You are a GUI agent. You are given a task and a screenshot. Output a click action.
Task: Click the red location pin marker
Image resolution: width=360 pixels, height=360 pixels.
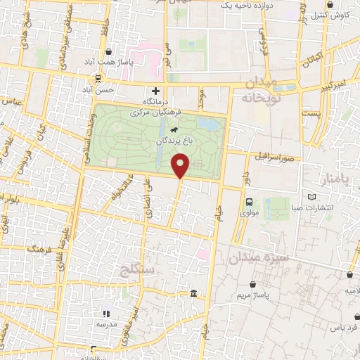[x=181, y=165]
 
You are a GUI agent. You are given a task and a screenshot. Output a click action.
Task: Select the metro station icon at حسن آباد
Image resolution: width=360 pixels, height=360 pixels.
[x=98, y=79]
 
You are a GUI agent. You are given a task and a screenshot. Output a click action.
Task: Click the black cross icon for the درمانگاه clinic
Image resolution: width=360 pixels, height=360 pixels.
[x=156, y=91]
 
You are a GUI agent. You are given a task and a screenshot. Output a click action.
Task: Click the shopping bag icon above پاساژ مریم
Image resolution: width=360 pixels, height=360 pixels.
[x=253, y=285]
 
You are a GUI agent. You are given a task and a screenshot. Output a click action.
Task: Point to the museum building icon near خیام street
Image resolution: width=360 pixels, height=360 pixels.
[x=193, y=292]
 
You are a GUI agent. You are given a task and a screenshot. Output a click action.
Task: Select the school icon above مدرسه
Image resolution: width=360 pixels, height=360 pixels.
[x=107, y=314]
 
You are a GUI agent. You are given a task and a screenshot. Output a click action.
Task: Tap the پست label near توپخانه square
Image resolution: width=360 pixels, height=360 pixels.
[x=310, y=113]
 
